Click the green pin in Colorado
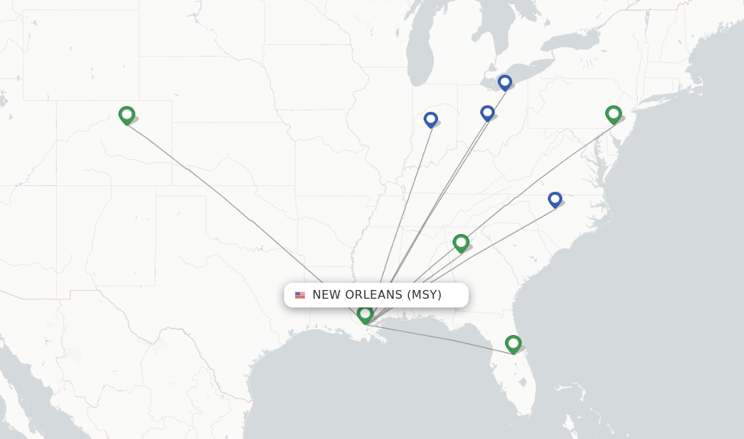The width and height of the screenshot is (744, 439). (x=126, y=115)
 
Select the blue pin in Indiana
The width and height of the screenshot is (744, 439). (x=431, y=119)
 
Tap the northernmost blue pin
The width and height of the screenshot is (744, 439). (x=505, y=82)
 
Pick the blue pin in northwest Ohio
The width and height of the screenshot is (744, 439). (x=488, y=113)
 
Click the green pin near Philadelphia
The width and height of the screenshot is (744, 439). (x=613, y=114)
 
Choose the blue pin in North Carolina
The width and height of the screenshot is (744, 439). (x=555, y=199)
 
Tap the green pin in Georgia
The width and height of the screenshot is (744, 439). (x=461, y=242)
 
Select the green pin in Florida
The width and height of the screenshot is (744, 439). (x=513, y=343)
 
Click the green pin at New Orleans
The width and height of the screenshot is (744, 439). (x=365, y=314)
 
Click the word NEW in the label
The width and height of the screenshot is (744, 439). (x=326, y=295)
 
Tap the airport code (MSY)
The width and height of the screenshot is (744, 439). (x=424, y=295)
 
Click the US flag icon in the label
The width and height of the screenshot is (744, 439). (x=300, y=295)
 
